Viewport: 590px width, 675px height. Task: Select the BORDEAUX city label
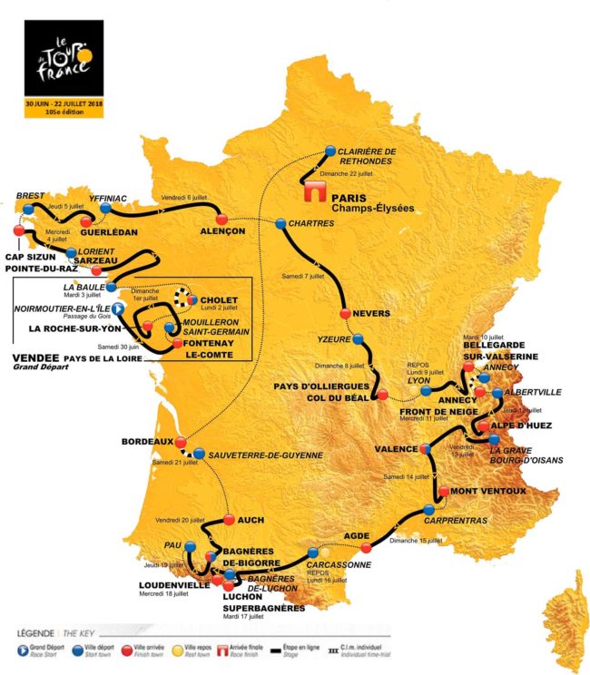(147, 442)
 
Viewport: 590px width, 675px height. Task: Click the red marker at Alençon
(221, 220)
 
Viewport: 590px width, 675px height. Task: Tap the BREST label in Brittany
(30, 194)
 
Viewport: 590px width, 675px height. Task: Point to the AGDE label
(357, 535)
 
